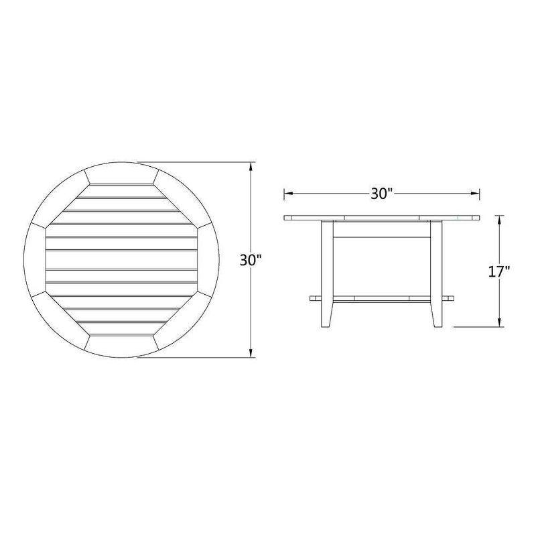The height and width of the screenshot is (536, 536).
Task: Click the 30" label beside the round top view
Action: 250,261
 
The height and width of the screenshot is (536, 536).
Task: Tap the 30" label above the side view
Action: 381,194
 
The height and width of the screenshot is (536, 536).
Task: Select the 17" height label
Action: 499,271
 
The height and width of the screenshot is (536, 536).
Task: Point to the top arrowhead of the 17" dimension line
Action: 500,218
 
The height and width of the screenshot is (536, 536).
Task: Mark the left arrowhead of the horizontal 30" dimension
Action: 287,194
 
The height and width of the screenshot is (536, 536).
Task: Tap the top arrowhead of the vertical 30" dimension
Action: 252,165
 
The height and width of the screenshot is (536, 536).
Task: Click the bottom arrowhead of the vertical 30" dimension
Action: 252,353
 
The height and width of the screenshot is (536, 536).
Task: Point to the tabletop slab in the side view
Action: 382,218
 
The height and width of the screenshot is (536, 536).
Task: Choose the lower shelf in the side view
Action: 382,297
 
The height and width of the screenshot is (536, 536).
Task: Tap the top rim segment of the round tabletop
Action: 121,173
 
